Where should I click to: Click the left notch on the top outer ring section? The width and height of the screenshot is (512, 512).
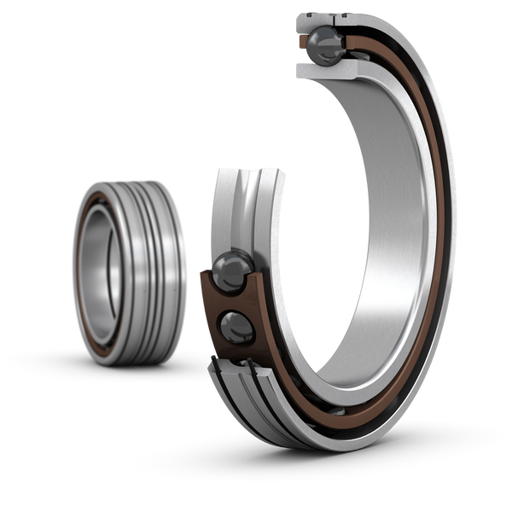[299, 15]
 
